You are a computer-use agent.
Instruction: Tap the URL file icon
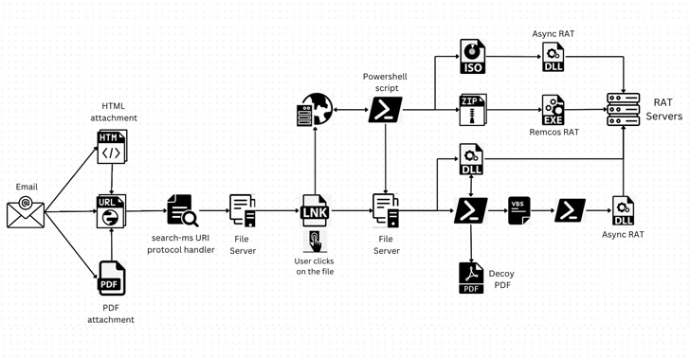pos(112,211)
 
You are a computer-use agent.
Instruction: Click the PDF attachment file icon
pos(112,278)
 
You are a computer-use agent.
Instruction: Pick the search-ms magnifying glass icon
pos(182,211)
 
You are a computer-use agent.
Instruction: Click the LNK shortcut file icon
pos(315,211)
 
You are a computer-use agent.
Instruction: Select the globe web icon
pos(316,111)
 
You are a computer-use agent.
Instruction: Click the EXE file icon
pos(553,110)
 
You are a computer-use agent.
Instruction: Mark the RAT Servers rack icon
pos(624,110)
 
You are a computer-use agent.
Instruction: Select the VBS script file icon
pos(518,211)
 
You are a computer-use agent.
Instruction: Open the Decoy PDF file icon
pos(471,278)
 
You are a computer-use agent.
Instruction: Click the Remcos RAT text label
pos(554,133)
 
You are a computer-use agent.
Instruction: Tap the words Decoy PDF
pos(501,279)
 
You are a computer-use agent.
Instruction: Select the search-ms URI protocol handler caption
pos(181,244)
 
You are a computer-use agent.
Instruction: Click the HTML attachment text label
pos(114,112)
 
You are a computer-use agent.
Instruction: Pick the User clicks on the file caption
pos(315,266)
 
